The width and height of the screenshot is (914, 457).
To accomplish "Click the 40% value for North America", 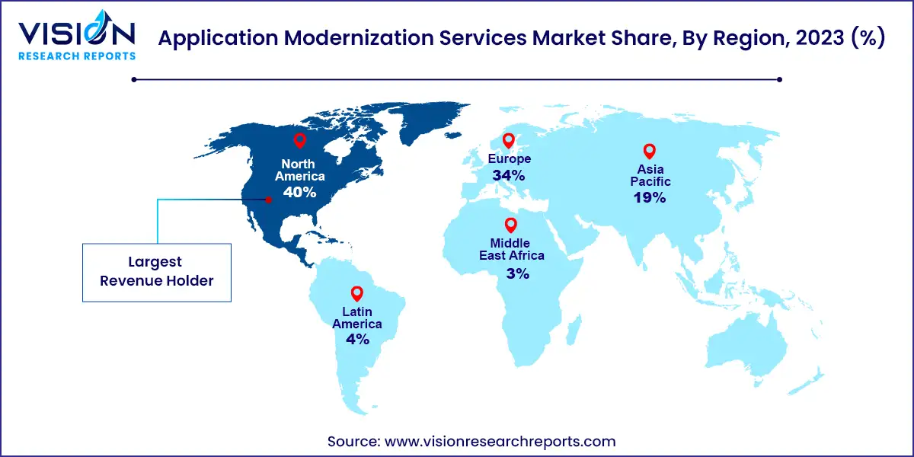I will (299, 193).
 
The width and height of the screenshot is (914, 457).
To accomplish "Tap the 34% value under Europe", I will (508, 176).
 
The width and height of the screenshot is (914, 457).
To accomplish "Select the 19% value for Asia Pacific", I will (649, 198).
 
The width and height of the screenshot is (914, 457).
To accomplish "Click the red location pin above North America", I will (299, 141).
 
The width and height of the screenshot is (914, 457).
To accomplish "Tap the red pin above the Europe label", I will (508, 141).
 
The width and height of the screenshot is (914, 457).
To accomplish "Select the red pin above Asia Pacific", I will (649, 151).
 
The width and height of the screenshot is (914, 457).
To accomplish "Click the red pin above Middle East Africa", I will (511, 225).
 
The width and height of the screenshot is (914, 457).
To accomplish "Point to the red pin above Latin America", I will (356, 293).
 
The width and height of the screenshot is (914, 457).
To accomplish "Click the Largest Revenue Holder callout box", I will (156, 272).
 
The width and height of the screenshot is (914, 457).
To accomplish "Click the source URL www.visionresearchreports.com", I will (503, 441).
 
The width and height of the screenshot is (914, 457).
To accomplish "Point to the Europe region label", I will (508, 158).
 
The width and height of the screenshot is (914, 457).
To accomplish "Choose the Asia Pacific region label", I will (649, 177).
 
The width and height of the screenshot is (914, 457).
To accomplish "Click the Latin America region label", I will (356, 318).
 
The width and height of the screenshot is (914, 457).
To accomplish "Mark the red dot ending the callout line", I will (268, 200).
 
